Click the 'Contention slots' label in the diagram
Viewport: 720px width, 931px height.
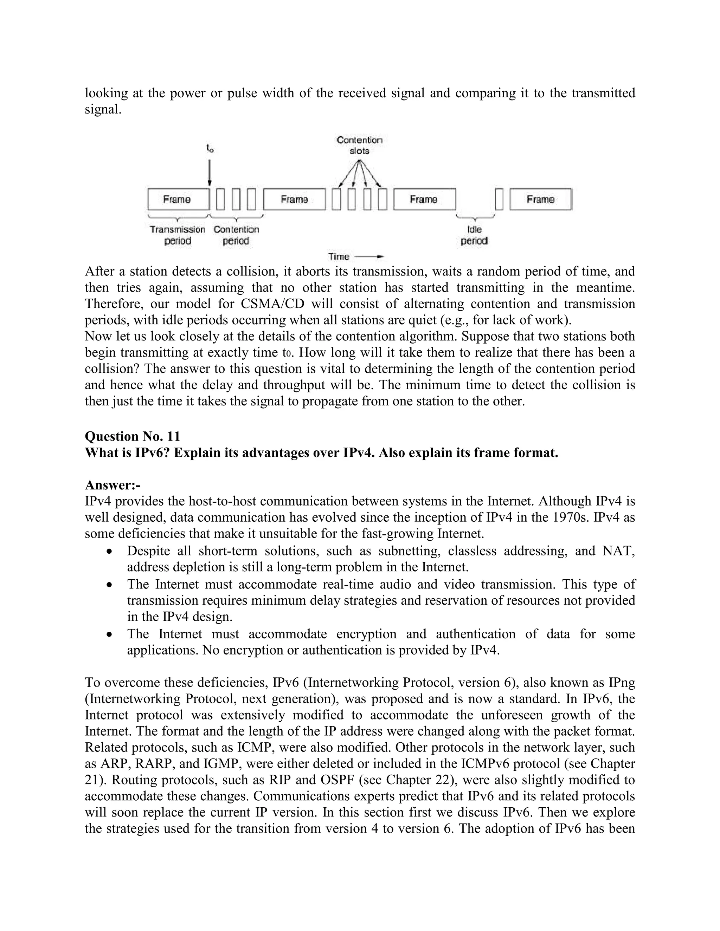pos(359,145)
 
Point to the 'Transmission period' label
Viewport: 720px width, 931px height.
pos(178,235)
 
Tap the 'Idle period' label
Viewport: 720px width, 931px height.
pos(474,235)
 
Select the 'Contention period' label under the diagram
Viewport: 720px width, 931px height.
pos(236,235)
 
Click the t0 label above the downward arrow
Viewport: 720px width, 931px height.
pos(210,148)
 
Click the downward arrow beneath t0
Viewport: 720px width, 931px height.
pos(210,172)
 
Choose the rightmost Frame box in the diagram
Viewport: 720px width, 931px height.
pos(540,200)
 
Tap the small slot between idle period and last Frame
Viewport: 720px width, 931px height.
pos(499,200)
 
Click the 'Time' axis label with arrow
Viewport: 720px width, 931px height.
pos(356,256)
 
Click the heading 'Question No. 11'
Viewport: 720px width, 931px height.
pos(133,436)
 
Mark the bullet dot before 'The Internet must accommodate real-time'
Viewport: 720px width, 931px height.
pos(110,585)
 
